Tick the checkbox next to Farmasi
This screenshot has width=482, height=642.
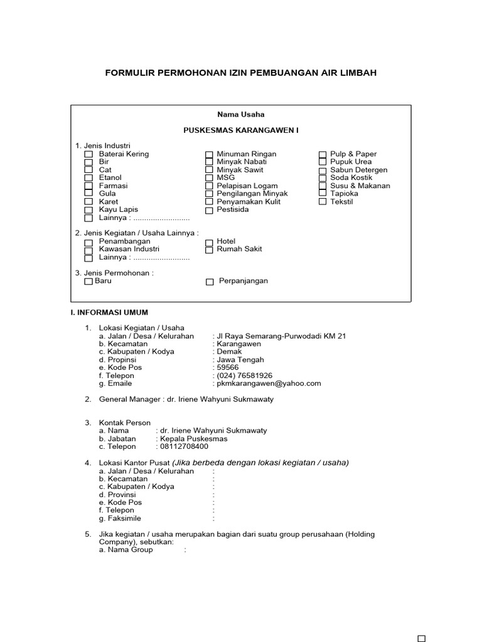[x=88, y=186]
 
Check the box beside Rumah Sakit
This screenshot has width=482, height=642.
[x=209, y=250]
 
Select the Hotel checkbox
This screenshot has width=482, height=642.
[x=209, y=241]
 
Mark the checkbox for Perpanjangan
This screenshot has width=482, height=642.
[x=210, y=282]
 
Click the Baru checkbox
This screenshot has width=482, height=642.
[x=88, y=282]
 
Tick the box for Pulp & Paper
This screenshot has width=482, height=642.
[x=323, y=154]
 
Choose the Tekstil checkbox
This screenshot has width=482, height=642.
[x=323, y=202]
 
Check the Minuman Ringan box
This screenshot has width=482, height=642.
[x=209, y=154]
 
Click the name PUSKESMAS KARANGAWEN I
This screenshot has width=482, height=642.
[x=241, y=130]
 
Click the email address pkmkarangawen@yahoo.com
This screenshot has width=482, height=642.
[x=269, y=383]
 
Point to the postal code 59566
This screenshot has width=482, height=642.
[x=228, y=367]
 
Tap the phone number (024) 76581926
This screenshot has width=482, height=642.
[x=245, y=376]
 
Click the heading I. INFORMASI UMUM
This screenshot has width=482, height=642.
[x=109, y=312]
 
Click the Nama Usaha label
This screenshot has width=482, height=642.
[x=241, y=114]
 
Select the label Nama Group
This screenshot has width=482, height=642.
[x=126, y=550]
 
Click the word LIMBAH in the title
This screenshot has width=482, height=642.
[x=358, y=73]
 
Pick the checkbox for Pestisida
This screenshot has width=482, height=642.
[x=209, y=211]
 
